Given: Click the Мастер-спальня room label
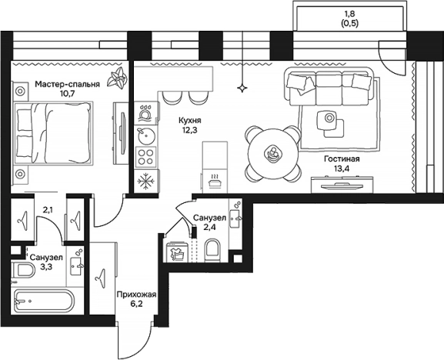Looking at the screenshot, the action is tap(68, 85).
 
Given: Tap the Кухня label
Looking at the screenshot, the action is tap(190, 121).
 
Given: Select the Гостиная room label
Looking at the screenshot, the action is tap(342, 159).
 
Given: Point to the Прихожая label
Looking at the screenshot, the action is tap(136, 295).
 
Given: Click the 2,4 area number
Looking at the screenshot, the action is tap(209, 227).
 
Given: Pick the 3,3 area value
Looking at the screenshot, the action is tap(46, 267).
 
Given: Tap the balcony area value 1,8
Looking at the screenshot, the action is tap(350, 13).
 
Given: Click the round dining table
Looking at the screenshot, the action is tap(273, 154).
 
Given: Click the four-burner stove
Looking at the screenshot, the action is tap(146, 157).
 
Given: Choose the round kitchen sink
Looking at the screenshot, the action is tap(146, 136).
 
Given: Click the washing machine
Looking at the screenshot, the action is tap(178, 252).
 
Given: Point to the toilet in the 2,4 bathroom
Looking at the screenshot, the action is tap(212, 250).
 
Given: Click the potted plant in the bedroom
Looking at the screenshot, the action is tap(116, 78).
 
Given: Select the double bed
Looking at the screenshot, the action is tap(53, 133).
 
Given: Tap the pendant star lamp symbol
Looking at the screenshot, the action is tap(242, 88).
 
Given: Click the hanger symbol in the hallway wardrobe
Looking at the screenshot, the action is tap(101, 278).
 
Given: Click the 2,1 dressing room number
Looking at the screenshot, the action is tap(48, 210).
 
